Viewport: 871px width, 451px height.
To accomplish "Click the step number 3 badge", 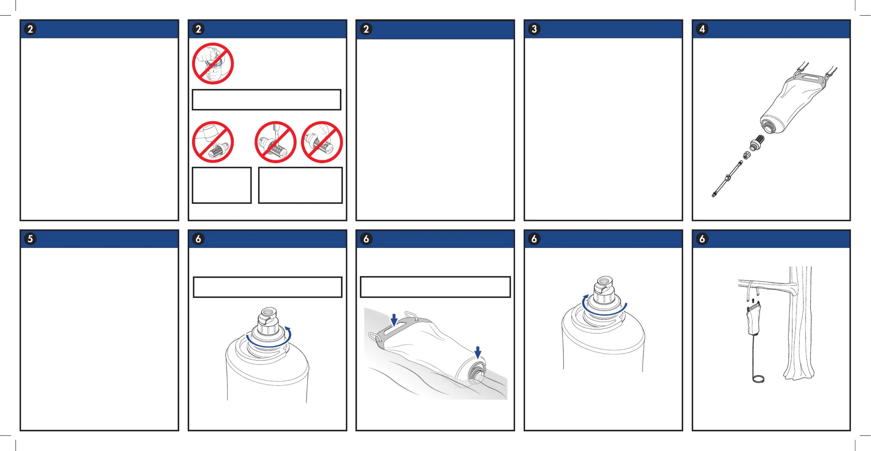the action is pos(534,29).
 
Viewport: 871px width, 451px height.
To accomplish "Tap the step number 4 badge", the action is pos(702,29).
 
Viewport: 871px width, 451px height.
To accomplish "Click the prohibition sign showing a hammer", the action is pos(213,142).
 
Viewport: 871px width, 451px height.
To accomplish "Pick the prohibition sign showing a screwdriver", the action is pos(276,142).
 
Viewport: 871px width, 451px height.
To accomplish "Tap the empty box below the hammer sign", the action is pos(222,185).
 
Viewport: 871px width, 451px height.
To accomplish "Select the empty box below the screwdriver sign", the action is pos(301,185).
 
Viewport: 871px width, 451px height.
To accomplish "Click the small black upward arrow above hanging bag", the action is pos(753,300).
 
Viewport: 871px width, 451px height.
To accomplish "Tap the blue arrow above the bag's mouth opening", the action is pos(477,352).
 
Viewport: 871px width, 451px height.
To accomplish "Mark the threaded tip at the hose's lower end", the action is pos(714,195).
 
